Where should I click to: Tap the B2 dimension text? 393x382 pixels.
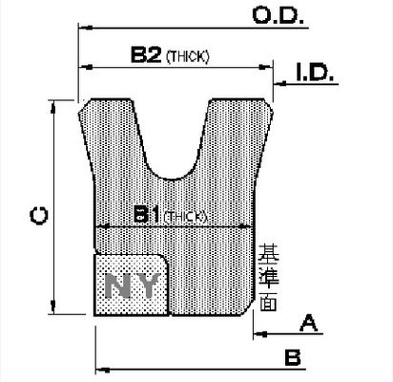tap(145, 55)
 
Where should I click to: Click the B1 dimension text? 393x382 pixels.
tap(146, 216)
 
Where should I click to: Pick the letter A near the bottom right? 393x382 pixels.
tap(308, 323)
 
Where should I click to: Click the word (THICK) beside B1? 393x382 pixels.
tap(185, 217)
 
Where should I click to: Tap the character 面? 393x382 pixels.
tap(267, 299)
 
